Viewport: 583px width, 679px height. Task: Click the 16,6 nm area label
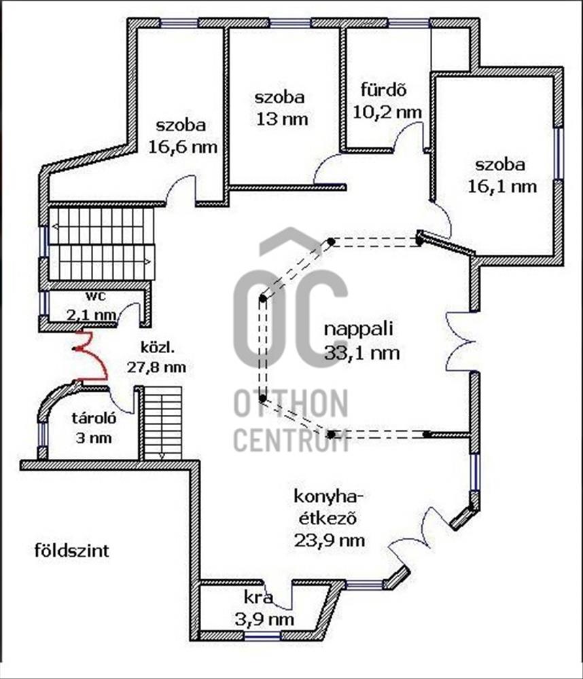tap(183, 147)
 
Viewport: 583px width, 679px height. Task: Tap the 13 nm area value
tap(281, 119)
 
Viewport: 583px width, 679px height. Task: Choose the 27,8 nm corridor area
tap(156, 367)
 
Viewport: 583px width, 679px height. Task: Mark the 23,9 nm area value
tap(329, 540)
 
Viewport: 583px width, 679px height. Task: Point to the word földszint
tap(71, 549)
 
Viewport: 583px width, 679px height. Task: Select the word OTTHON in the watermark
tap(291, 405)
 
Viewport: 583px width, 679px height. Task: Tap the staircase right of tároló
tap(162, 422)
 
